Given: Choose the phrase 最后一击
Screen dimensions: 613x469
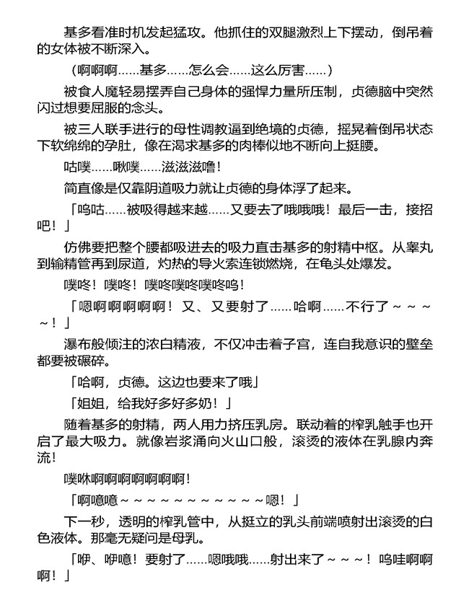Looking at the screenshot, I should tap(369, 208).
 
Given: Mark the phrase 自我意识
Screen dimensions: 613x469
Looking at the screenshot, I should tap(339, 344).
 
